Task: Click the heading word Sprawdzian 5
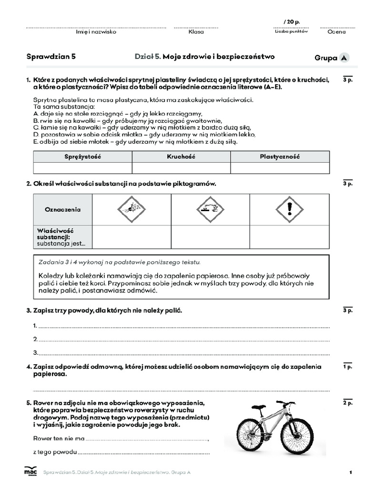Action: tap(51, 57)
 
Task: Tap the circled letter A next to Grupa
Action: tap(344, 58)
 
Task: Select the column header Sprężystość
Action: tap(82, 156)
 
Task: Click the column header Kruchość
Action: tap(181, 156)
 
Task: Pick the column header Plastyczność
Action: tap(280, 156)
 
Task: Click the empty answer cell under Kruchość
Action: tap(181, 168)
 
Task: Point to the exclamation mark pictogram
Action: tap(289, 209)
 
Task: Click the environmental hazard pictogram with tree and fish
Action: tap(131, 209)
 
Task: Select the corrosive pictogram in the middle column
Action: tap(210, 209)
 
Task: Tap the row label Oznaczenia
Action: tap(62, 209)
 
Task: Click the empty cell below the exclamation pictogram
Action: tap(289, 236)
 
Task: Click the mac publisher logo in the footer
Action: tap(30, 471)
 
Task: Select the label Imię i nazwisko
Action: tap(96, 32)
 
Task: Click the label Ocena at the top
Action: tap(336, 32)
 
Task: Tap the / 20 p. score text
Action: tap(292, 22)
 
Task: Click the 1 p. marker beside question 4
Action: tap(347, 367)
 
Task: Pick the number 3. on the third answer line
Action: tap(35, 353)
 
